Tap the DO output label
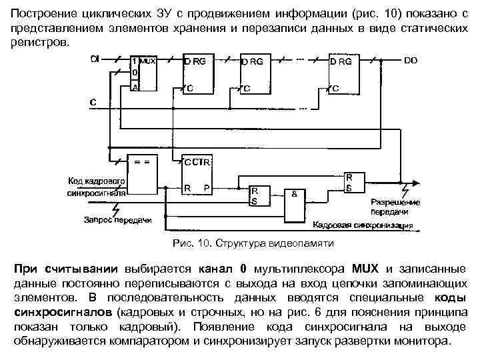[411, 60]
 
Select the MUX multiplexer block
[143, 73]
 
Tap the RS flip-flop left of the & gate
[260, 195]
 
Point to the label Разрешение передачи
[396, 206]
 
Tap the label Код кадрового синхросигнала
[97, 186]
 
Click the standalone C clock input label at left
[93, 102]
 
